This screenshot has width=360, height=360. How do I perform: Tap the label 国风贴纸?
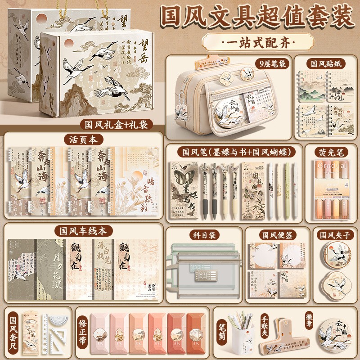324,64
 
